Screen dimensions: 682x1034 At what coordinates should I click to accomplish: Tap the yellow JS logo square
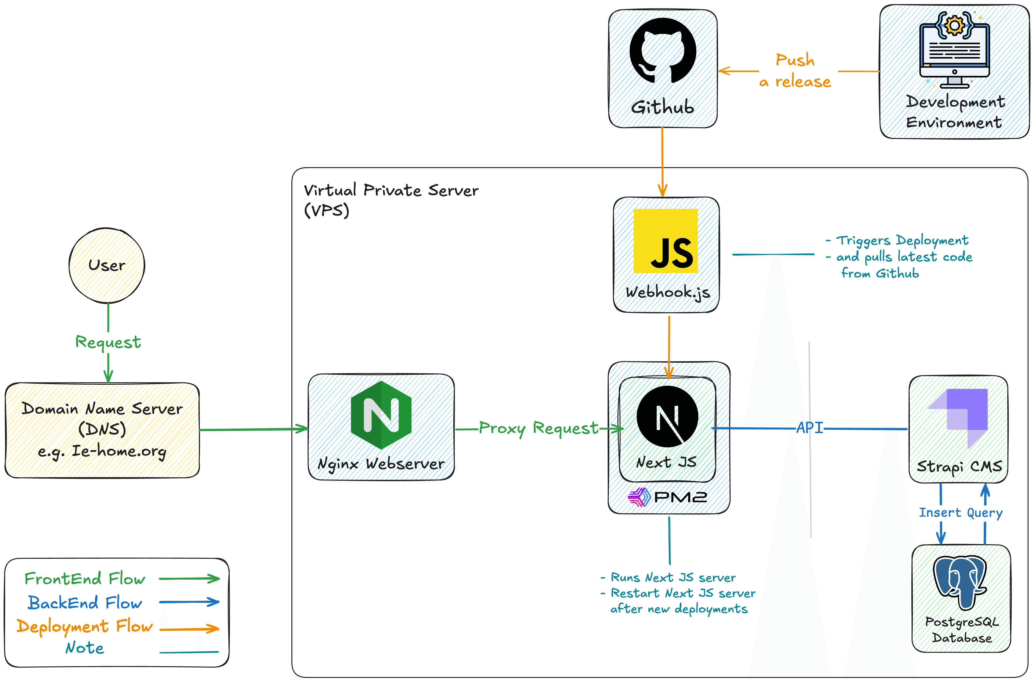[665, 241]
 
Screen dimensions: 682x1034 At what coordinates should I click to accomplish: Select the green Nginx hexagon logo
[381, 415]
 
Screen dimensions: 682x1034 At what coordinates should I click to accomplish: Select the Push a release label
[795, 71]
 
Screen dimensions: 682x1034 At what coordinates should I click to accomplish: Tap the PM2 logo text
[680, 497]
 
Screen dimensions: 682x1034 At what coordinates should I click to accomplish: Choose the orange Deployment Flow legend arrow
[189, 628]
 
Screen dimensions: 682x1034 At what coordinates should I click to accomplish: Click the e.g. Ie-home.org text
[102, 451]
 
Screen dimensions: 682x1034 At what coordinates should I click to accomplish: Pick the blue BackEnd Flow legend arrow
[189, 602]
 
